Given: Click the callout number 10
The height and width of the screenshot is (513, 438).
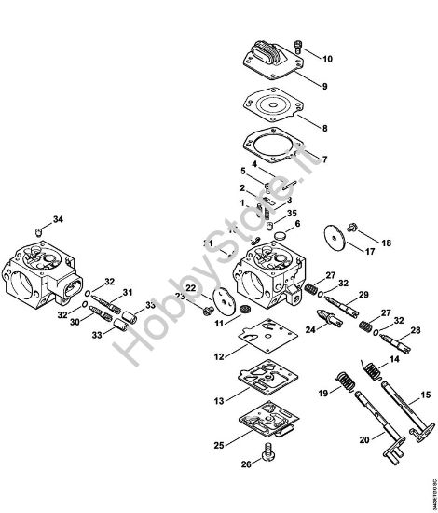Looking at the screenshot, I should pos(327,59).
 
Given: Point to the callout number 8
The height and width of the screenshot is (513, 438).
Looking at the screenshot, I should pos(324,127).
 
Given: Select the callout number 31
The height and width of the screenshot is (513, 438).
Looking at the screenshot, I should pos(129,292).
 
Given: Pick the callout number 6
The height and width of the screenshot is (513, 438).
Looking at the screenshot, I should pos(297,225).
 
